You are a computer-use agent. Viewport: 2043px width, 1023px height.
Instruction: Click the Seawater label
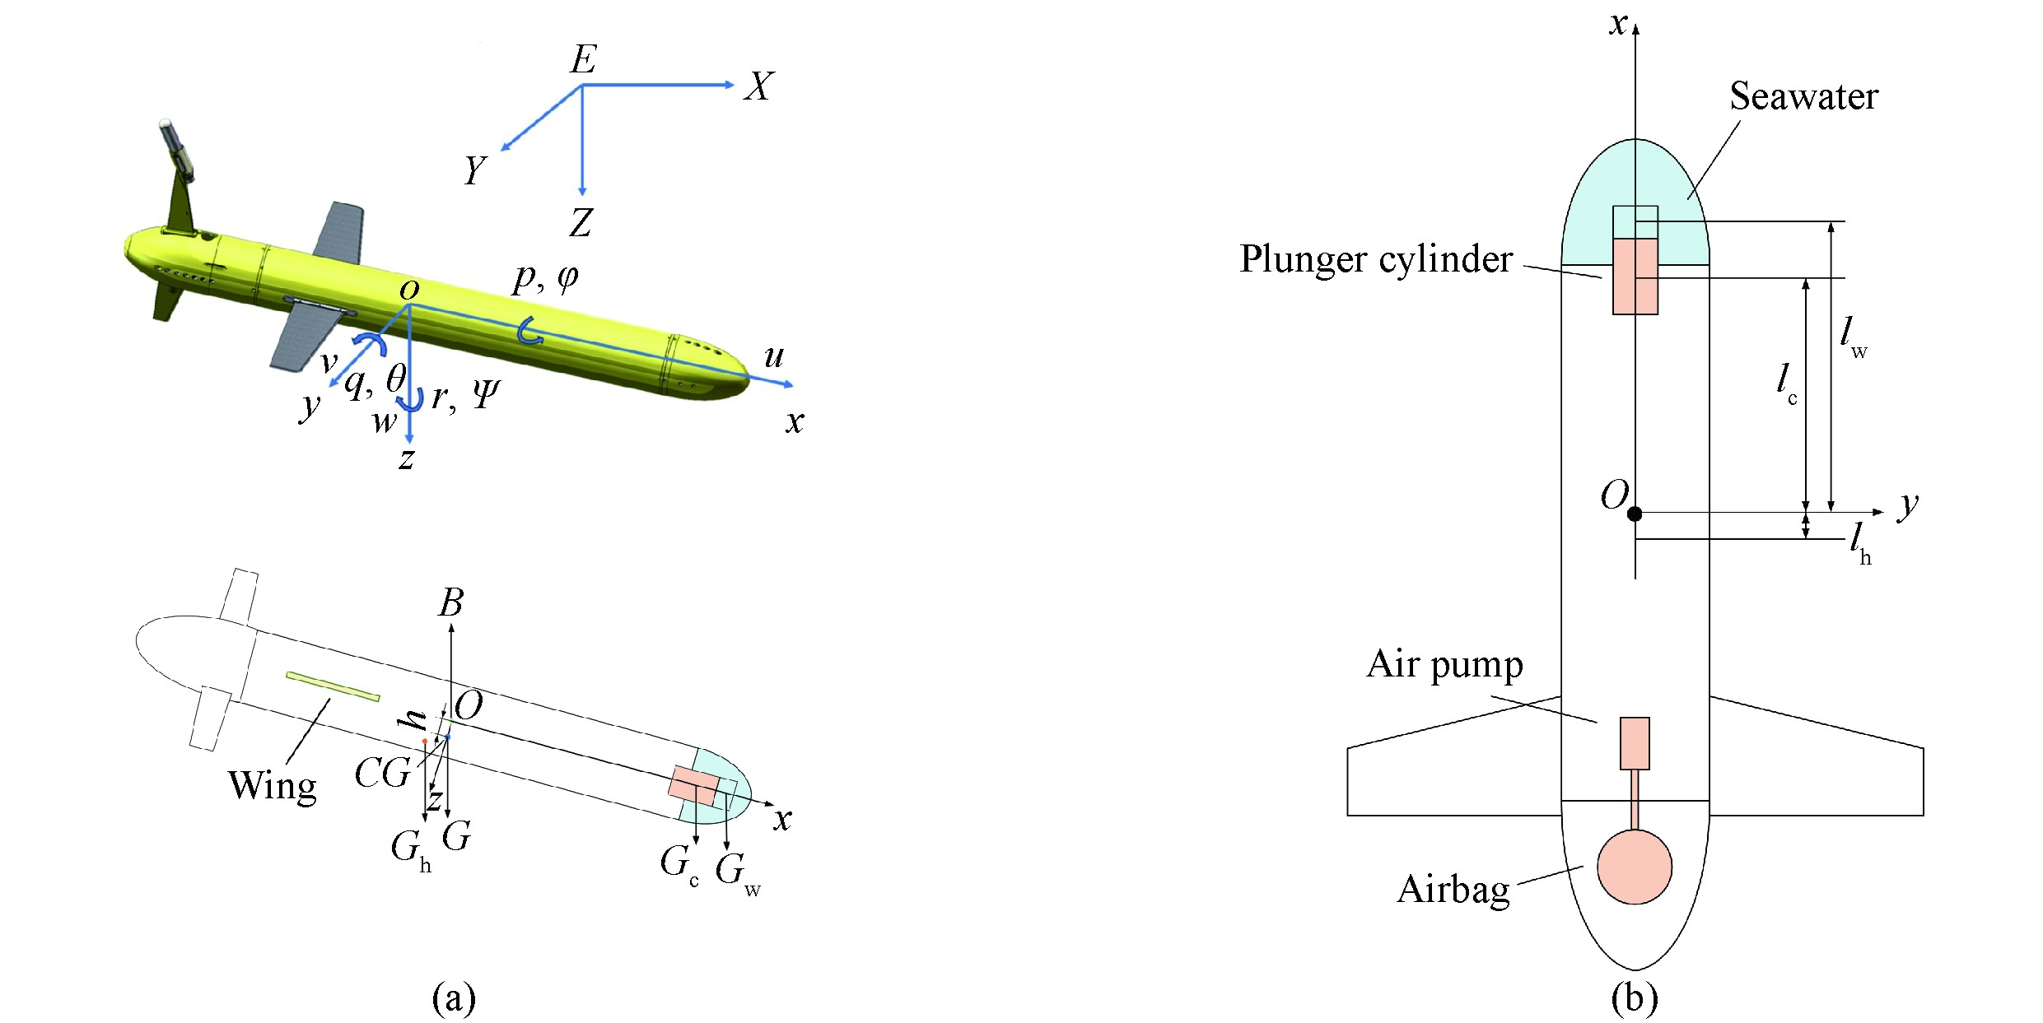point(1803,97)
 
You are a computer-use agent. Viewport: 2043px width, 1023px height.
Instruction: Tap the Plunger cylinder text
point(1376,260)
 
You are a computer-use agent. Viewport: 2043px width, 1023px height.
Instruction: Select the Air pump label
point(1445,665)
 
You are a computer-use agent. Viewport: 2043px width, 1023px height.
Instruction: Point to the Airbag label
point(1454,890)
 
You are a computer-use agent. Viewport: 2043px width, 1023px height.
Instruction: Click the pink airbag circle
point(1635,867)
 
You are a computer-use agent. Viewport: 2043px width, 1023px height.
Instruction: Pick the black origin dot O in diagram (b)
point(1635,514)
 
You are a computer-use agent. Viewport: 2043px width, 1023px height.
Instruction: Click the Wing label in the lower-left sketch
point(272,787)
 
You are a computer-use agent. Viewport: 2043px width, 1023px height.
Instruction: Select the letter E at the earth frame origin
point(584,59)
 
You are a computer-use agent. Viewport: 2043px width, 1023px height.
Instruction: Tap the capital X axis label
point(758,86)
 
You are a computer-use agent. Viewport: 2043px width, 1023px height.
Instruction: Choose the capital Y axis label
point(475,170)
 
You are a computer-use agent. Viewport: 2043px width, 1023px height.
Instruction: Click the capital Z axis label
point(581,222)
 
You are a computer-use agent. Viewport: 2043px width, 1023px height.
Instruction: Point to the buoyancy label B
point(450,603)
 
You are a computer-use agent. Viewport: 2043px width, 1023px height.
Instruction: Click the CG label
point(382,774)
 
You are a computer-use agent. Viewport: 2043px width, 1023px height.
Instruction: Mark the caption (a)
point(454,998)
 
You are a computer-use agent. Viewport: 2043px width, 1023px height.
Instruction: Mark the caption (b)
point(1634,998)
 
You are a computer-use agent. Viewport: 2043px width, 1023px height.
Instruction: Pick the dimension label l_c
point(1786,383)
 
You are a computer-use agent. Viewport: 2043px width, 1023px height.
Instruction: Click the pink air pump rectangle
point(1635,743)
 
